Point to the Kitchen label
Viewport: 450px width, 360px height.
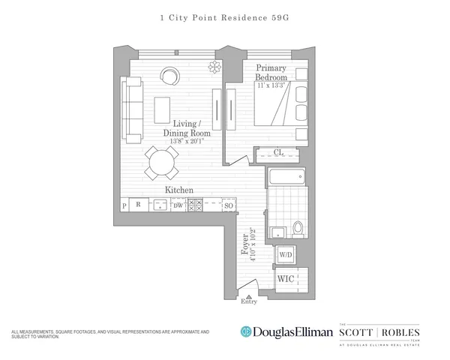point(180,190)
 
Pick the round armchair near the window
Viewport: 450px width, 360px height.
point(170,76)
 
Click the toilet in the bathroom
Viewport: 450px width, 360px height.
point(298,227)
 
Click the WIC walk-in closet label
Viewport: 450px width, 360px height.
point(286,280)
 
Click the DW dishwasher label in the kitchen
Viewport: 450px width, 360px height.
point(178,205)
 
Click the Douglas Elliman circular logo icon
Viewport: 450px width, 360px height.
point(244,331)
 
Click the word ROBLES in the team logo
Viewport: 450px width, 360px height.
point(399,331)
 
